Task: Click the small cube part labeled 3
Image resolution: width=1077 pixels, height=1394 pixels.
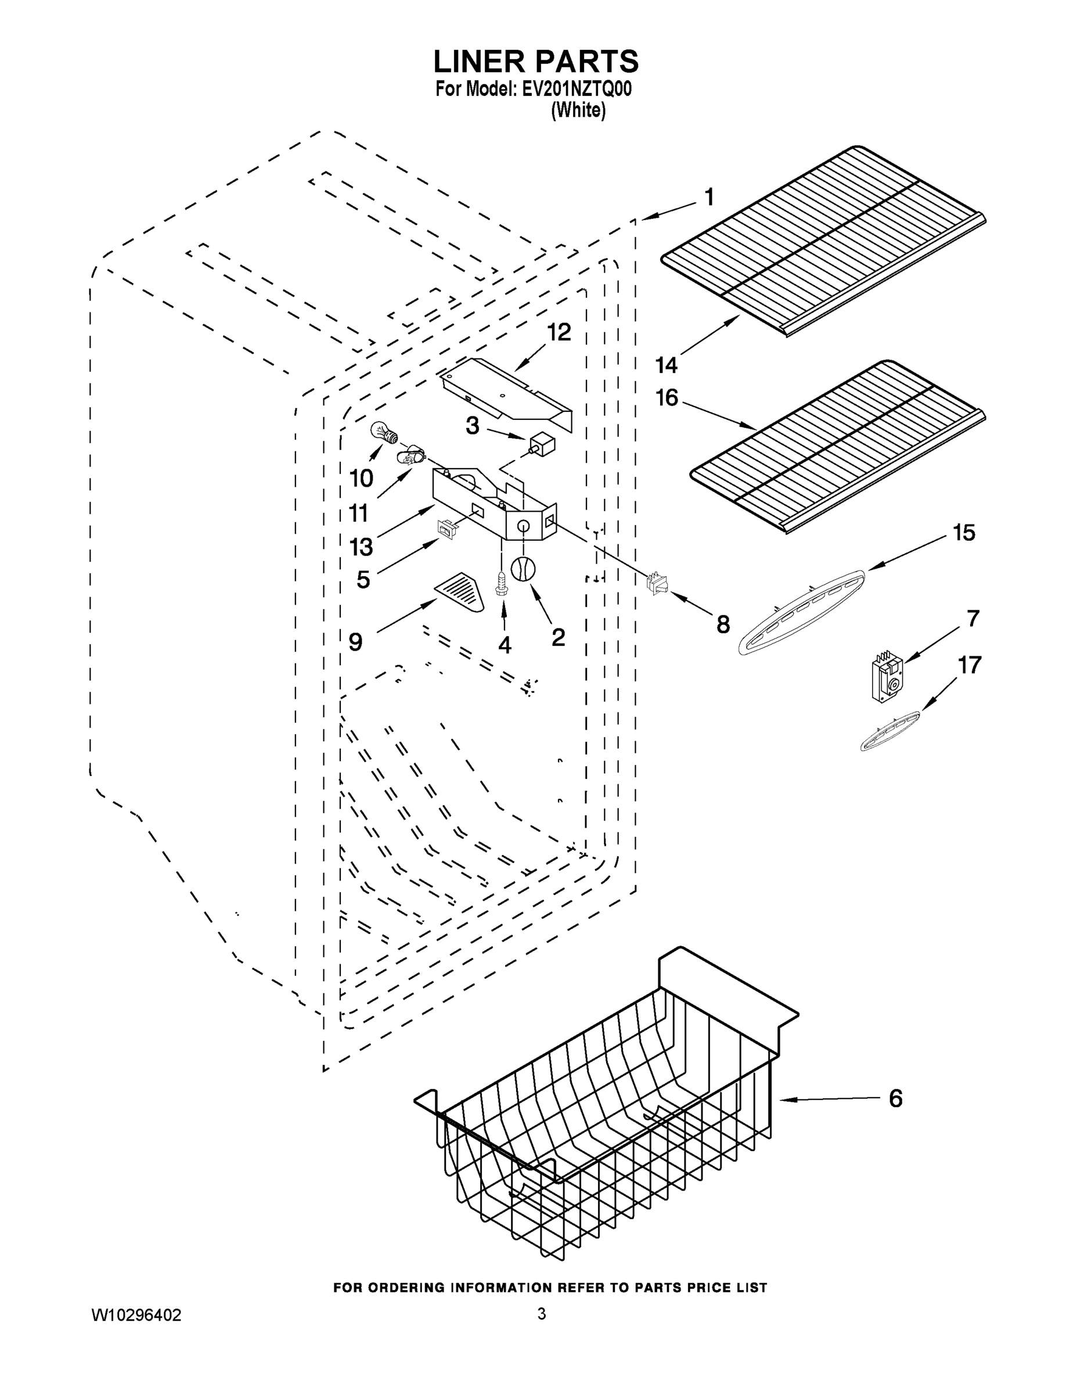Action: click(x=543, y=444)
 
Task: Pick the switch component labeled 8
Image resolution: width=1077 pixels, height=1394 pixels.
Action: click(x=657, y=583)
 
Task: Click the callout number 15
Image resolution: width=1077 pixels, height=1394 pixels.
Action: click(x=963, y=532)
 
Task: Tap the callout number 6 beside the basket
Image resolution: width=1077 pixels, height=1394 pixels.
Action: click(x=896, y=1098)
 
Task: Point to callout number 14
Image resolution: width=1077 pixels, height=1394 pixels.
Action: click(x=666, y=365)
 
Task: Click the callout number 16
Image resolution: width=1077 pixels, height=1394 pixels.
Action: click(x=667, y=398)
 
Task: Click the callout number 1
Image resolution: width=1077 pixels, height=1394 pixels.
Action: click(x=709, y=197)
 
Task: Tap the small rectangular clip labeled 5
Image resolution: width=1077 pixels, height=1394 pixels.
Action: click(x=445, y=529)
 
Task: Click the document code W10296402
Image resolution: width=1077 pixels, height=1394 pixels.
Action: click(x=136, y=1315)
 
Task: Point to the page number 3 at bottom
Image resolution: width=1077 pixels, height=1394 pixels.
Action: click(x=541, y=1314)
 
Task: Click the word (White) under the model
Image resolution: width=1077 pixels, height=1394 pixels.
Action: click(x=578, y=110)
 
